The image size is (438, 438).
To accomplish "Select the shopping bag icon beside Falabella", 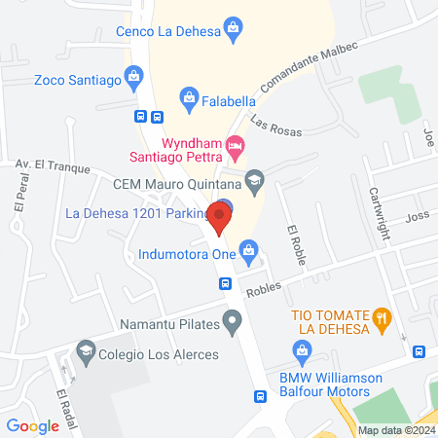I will pyautogui.click(x=189, y=96).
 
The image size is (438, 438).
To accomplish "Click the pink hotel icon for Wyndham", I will pyautogui.click(x=235, y=145).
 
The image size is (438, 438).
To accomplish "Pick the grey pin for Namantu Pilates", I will pyautogui.click(x=233, y=321).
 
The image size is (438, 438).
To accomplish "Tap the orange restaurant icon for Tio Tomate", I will pyautogui.click(x=383, y=316).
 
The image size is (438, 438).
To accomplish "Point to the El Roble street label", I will pyautogui.click(x=295, y=240).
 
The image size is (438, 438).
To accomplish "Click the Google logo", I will pyautogui.click(x=33, y=425).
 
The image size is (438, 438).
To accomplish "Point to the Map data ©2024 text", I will pyautogui.click(x=395, y=430).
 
